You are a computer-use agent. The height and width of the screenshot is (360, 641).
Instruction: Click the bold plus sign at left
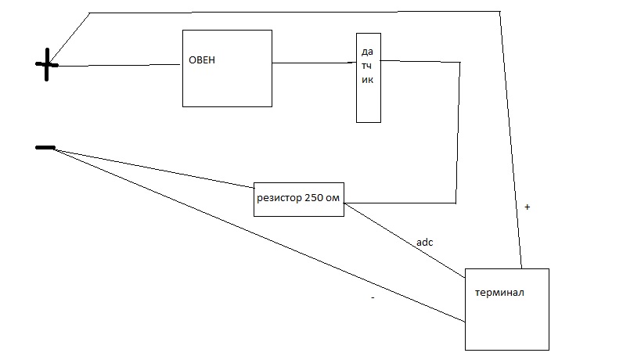(x=46, y=66)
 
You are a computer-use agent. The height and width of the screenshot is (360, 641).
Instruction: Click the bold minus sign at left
(x=45, y=147)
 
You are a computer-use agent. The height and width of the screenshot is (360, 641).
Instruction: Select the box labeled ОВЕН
(x=227, y=86)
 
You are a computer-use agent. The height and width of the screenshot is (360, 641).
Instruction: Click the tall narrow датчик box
(x=368, y=102)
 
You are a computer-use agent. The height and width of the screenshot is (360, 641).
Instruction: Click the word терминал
(x=499, y=293)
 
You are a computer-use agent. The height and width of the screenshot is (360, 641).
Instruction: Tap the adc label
(x=424, y=242)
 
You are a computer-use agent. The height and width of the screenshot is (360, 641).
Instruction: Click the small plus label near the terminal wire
(x=527, y=207)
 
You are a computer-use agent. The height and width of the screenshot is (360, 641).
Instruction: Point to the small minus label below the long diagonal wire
(x=373, y=297)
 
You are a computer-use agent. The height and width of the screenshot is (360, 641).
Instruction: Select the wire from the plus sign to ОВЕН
(x=117, y=66)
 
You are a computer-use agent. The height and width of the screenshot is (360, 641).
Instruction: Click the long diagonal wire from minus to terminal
(x=258, y=235)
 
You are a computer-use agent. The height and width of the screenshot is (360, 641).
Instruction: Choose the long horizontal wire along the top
(x=297, y=12)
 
